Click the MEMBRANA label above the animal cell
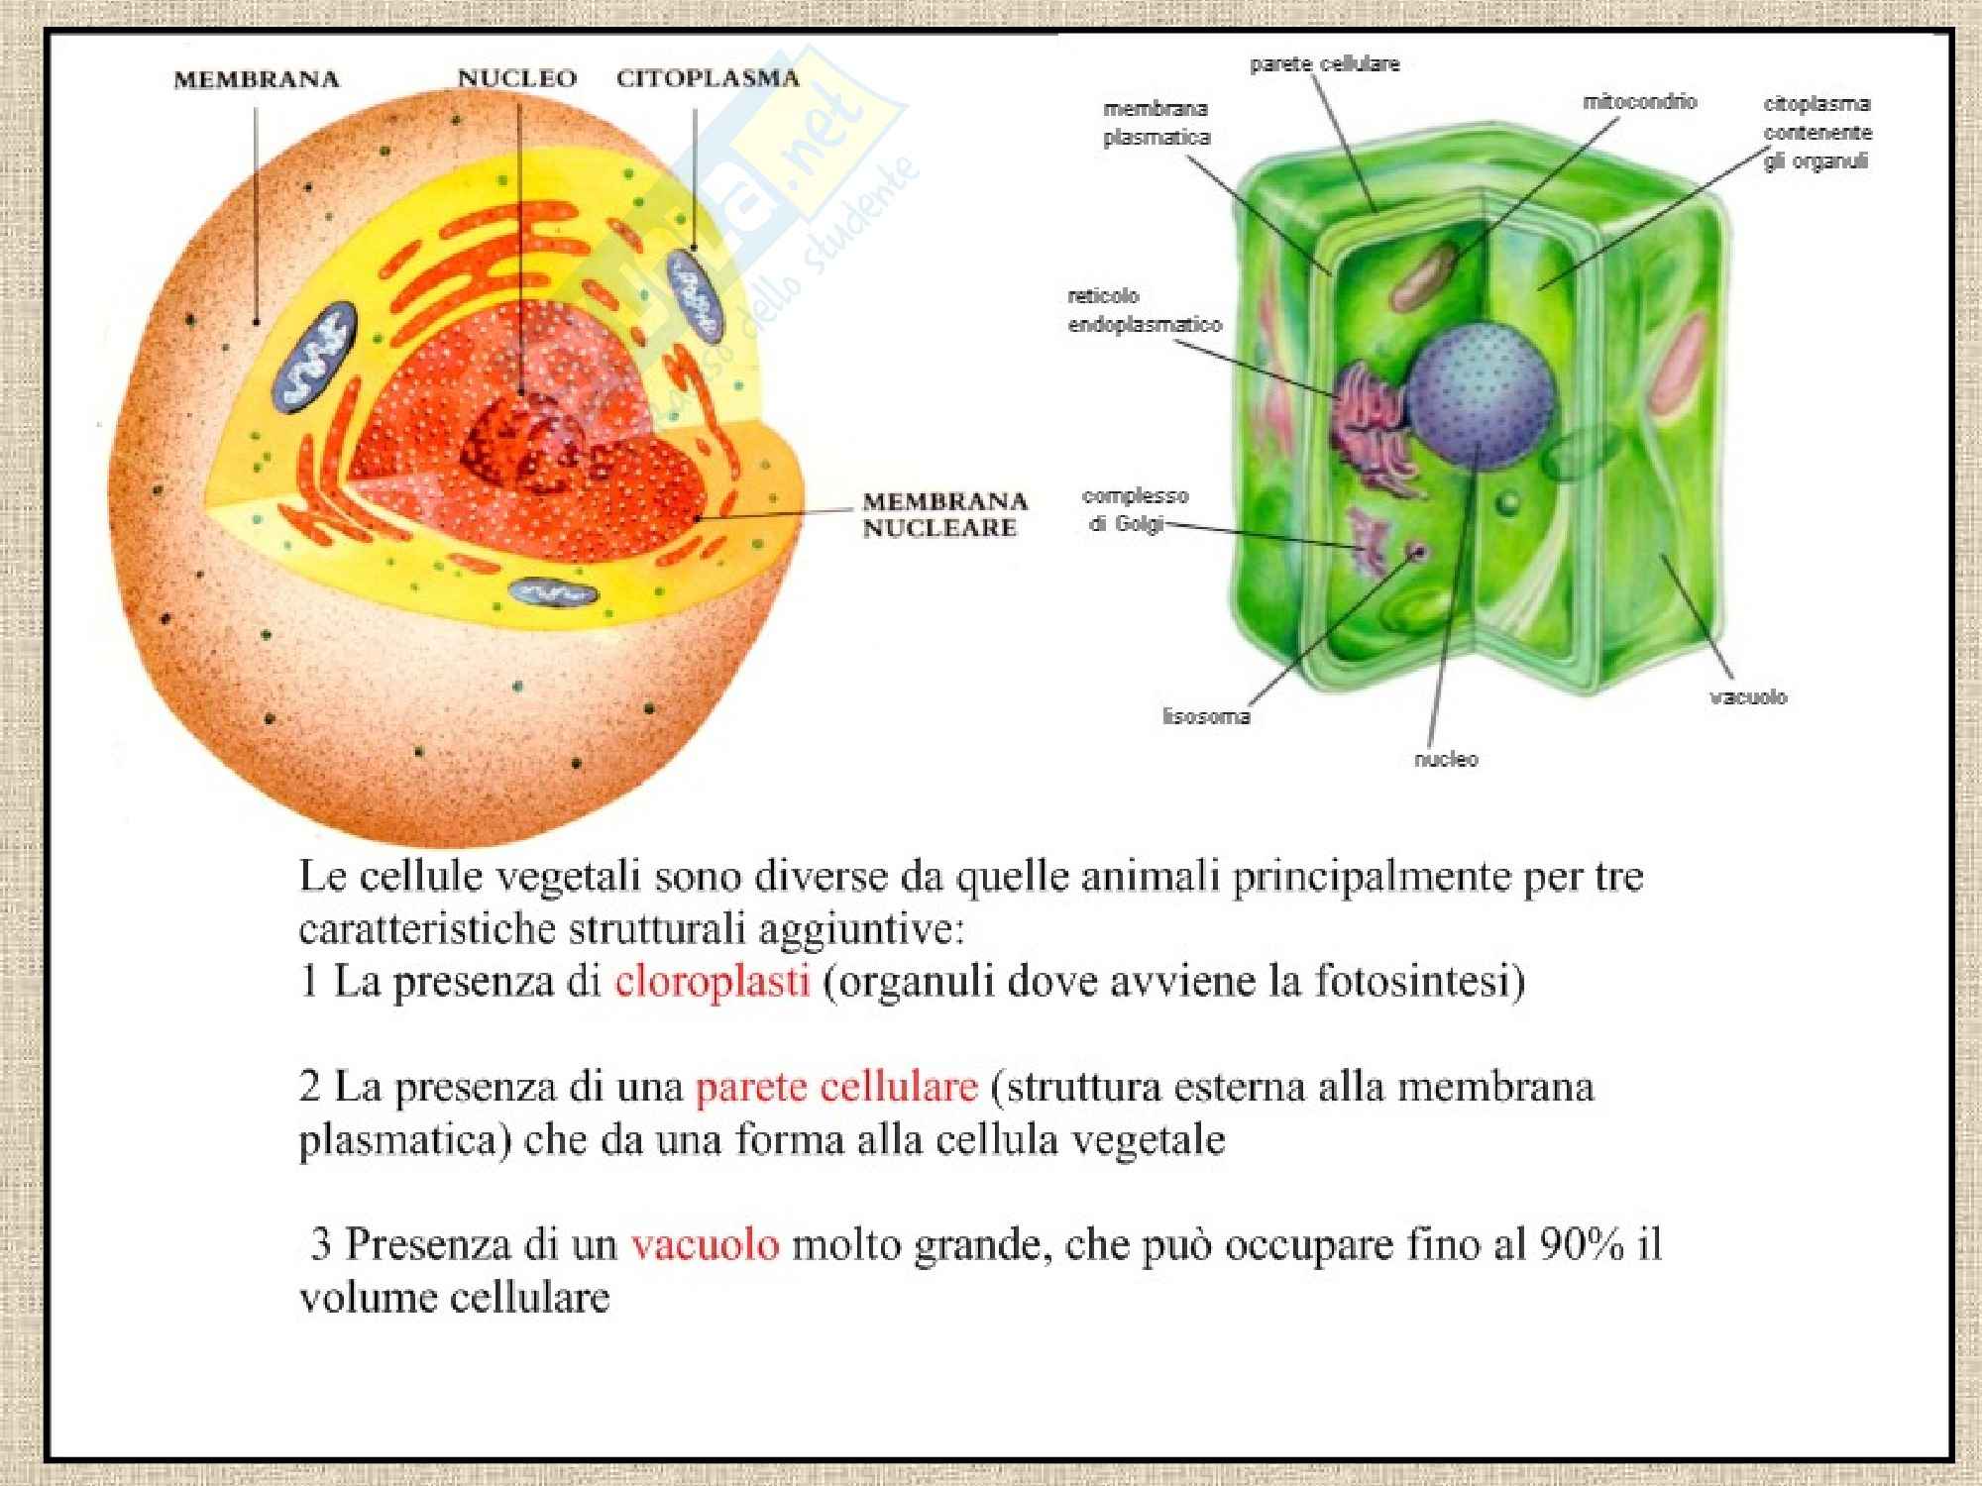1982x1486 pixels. coord(256,79)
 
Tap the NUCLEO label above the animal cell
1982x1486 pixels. coord(516,78)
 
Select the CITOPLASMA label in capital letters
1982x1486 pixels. coord(708,78)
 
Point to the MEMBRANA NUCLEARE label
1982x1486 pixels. coord(944,514)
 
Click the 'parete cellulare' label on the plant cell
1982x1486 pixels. coord(1324,64)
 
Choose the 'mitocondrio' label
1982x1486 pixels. coord(1639,101)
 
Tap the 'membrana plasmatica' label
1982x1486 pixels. coord(1156,123)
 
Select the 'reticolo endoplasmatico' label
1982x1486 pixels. coord(1144,310)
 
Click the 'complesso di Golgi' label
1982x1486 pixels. coord(1134,509)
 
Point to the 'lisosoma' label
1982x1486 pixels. coord(1205,715)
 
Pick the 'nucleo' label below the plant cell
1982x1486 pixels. coord(1445,759)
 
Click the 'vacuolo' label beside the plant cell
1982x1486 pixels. coord(1747,696)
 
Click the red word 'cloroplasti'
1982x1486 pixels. coord(712,981)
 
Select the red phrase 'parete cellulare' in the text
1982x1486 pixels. coord(836,1087)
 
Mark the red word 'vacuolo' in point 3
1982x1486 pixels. coord(705,1243)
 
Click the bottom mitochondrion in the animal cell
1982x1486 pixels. coord(553,592)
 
